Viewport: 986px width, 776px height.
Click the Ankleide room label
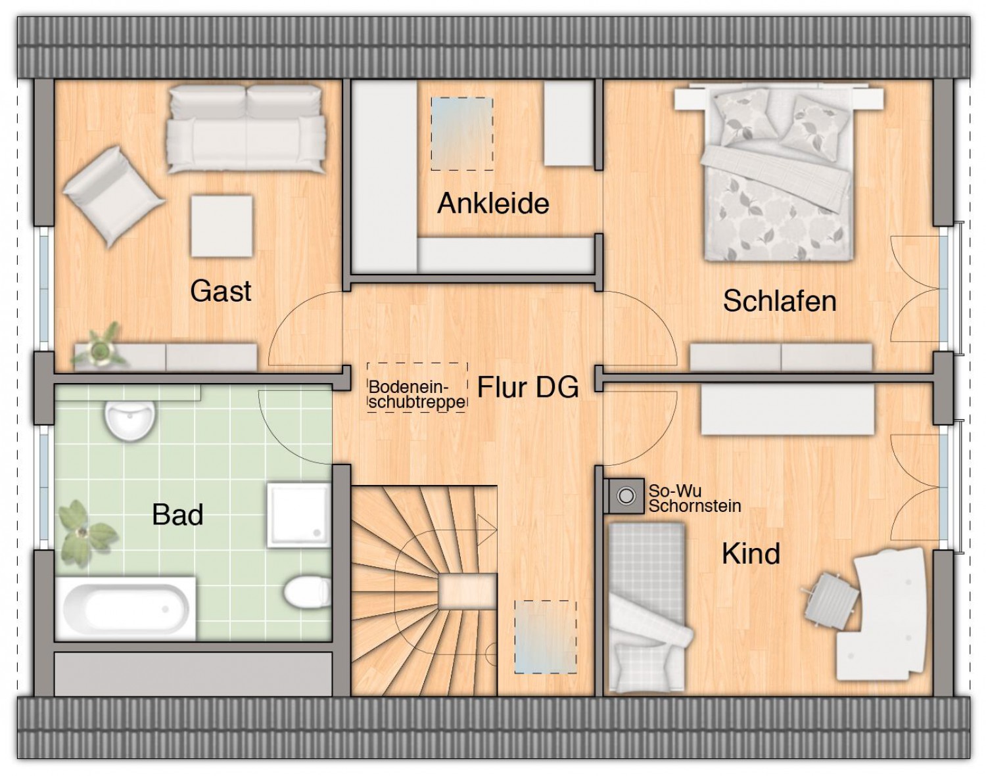[493, 203]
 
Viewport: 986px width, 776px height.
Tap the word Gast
[221, 290]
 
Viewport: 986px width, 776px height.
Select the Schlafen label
[780, 301]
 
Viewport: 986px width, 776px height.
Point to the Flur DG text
[528, 387]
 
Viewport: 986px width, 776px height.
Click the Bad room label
[177, 514]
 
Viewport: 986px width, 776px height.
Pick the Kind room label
[751, 553]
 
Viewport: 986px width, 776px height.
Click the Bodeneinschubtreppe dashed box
[417, 388]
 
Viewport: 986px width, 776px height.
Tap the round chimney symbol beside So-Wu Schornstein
[626, 495]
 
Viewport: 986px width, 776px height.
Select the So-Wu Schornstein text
[695, 499]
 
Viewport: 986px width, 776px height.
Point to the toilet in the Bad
[307, 593]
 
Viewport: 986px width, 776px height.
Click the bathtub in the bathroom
[125, 608]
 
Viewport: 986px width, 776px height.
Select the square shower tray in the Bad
[298, 515]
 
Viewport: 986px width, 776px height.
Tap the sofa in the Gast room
[246, 129]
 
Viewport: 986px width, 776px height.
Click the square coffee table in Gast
[222, 226]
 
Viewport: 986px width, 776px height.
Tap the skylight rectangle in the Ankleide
[462, 134]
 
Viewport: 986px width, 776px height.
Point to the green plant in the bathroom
[84, 534]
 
